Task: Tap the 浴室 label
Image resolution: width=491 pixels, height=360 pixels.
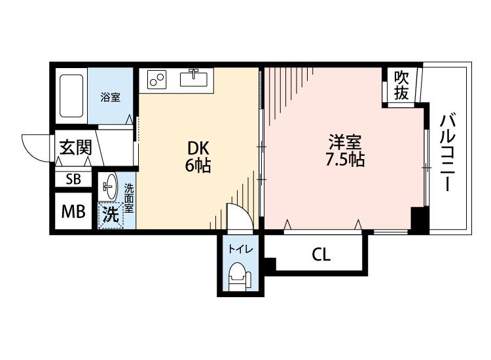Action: coord(110,98)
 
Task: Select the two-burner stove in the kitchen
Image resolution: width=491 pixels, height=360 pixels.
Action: coord(157,79)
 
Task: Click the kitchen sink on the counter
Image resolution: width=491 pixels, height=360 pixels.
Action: coord(193,78)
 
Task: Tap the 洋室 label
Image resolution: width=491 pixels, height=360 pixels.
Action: coord(345,141)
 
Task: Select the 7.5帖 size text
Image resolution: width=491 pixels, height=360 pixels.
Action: coord(345,159)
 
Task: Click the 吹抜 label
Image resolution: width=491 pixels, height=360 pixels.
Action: coord(401,85)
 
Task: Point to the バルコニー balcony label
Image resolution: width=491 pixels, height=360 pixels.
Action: coord(448,152)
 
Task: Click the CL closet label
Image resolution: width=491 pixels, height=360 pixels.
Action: coord(321,254)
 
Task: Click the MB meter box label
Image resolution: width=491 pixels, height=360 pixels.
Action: coord(72,211)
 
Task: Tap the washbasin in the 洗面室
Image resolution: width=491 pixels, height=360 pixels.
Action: coord(110,185)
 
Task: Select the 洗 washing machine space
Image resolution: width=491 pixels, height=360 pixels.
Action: coord(111,215)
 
